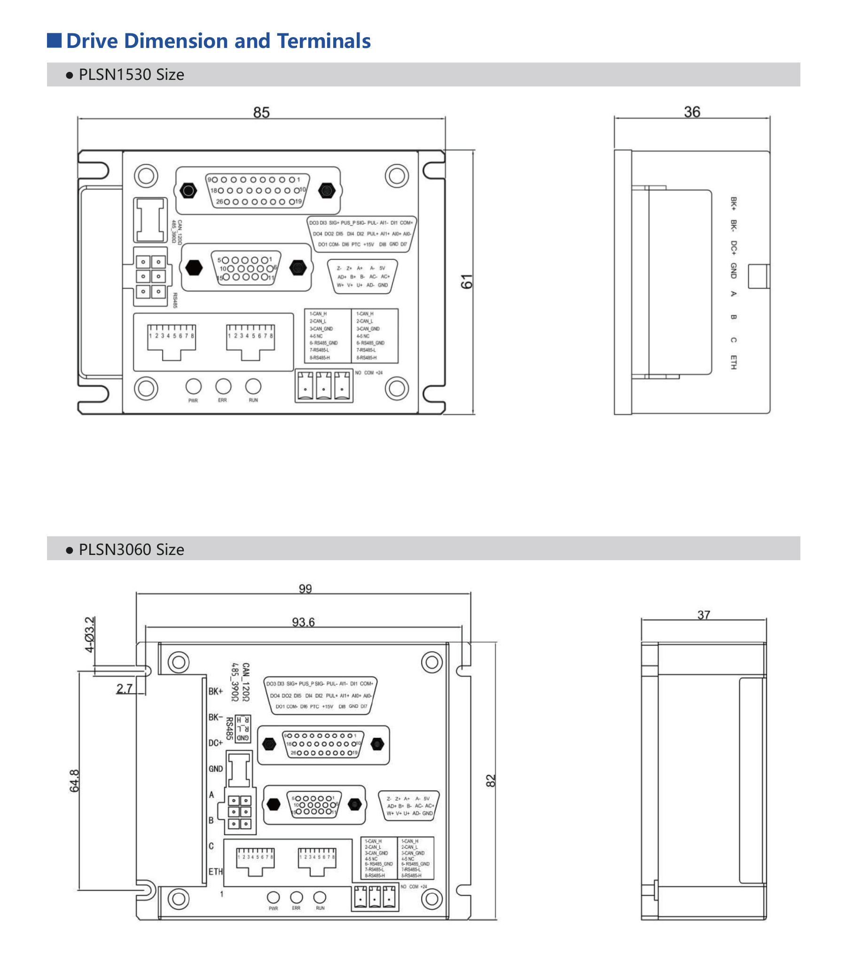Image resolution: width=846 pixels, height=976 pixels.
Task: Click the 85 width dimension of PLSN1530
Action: tap(261, 112)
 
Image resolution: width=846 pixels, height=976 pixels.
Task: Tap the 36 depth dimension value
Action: tap(692, 112)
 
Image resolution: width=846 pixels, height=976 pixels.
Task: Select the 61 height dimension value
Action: tap(466, 282)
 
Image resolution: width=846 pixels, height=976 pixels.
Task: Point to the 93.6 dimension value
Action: tap(303, 622)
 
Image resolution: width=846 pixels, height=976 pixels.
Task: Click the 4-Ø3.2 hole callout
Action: tap(89, 634)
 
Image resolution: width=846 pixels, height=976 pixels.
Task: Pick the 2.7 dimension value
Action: tap(125, 688)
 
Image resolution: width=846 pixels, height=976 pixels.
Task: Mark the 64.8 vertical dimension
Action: tap(75, 781)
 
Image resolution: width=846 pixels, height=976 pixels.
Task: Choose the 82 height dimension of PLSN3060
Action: tap(491, 781)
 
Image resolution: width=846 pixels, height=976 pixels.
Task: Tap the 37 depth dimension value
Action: tap(704, 615)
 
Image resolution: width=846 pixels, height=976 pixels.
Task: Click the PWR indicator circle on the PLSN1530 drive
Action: tap(194, 387)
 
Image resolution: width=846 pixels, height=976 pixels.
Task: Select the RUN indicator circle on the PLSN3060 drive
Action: tap(320, 897)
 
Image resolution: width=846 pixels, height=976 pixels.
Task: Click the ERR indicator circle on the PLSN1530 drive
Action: tap(223, 387)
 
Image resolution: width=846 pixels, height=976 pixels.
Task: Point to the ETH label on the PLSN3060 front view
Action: tap(215, 871)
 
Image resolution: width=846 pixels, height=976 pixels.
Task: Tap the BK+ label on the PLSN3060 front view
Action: tap(215, 691)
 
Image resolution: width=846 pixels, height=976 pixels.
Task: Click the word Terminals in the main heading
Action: tap(323, 41)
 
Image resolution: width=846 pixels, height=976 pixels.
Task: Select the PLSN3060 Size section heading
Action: tap(131, 549)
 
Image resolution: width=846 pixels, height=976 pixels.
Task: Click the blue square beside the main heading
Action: tap(55, 40)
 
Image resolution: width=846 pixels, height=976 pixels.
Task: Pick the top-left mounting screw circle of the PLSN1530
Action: tap(146, 176)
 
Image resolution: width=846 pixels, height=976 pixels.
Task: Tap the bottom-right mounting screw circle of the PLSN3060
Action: tap(431, 899)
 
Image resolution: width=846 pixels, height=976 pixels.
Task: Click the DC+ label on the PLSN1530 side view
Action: tap(733, 248)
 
